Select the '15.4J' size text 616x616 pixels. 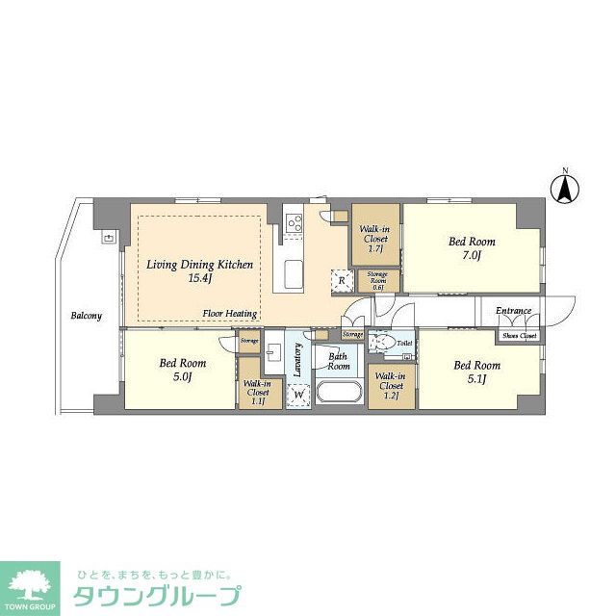(199, 278)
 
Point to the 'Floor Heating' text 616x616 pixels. (229, 314)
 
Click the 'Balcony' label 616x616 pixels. (87, 315)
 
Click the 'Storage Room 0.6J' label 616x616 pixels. (376, 280)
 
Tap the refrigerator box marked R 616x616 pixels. (342, 280)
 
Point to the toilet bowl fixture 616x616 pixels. (382, 342)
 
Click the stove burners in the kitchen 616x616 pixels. (294, 225)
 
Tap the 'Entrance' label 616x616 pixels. (514, 311)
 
